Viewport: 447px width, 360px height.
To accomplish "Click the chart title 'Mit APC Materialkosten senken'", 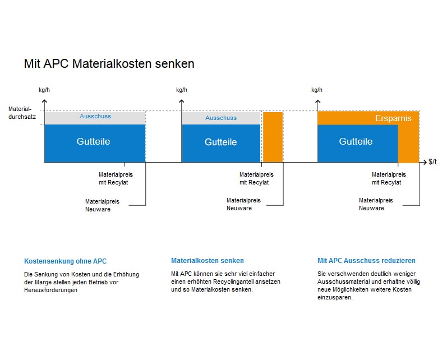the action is coord(109,63).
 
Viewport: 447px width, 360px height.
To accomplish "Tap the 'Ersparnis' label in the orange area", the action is coord(393,118).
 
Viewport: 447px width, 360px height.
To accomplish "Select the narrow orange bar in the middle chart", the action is coord(273,137).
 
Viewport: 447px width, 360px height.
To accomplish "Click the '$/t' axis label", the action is coord(432,162).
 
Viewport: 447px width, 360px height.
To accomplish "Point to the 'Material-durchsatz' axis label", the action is coord(22,113).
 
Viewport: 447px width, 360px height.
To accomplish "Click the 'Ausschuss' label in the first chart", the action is coord(95,116).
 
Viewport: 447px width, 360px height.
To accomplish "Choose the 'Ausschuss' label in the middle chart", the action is coord(221,118).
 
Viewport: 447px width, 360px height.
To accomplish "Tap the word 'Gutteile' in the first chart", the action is coord(93,141).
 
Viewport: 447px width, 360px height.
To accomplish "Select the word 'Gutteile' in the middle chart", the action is coord(220,142).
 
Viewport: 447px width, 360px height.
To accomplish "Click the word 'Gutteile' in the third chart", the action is coord(356,141).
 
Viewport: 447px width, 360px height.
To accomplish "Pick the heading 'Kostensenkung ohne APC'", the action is coord(65,261).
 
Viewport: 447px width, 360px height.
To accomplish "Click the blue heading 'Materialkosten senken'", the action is coord(208,261).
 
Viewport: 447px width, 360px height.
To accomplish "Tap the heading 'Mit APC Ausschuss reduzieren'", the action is coord(366,261).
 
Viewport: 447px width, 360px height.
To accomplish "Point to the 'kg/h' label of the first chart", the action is coord(44,90).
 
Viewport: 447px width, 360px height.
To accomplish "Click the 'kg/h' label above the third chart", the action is coord(317,90).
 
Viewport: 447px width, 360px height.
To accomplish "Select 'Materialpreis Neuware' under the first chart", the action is coord(102,205).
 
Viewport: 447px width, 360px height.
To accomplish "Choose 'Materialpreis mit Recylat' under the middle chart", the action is coord(256,178).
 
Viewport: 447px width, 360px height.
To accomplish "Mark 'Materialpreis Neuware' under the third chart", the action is coord(376,204).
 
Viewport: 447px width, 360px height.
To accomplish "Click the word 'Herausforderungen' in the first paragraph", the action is coord(50,290).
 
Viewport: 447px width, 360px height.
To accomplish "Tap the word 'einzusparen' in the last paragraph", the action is coord(335,298).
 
